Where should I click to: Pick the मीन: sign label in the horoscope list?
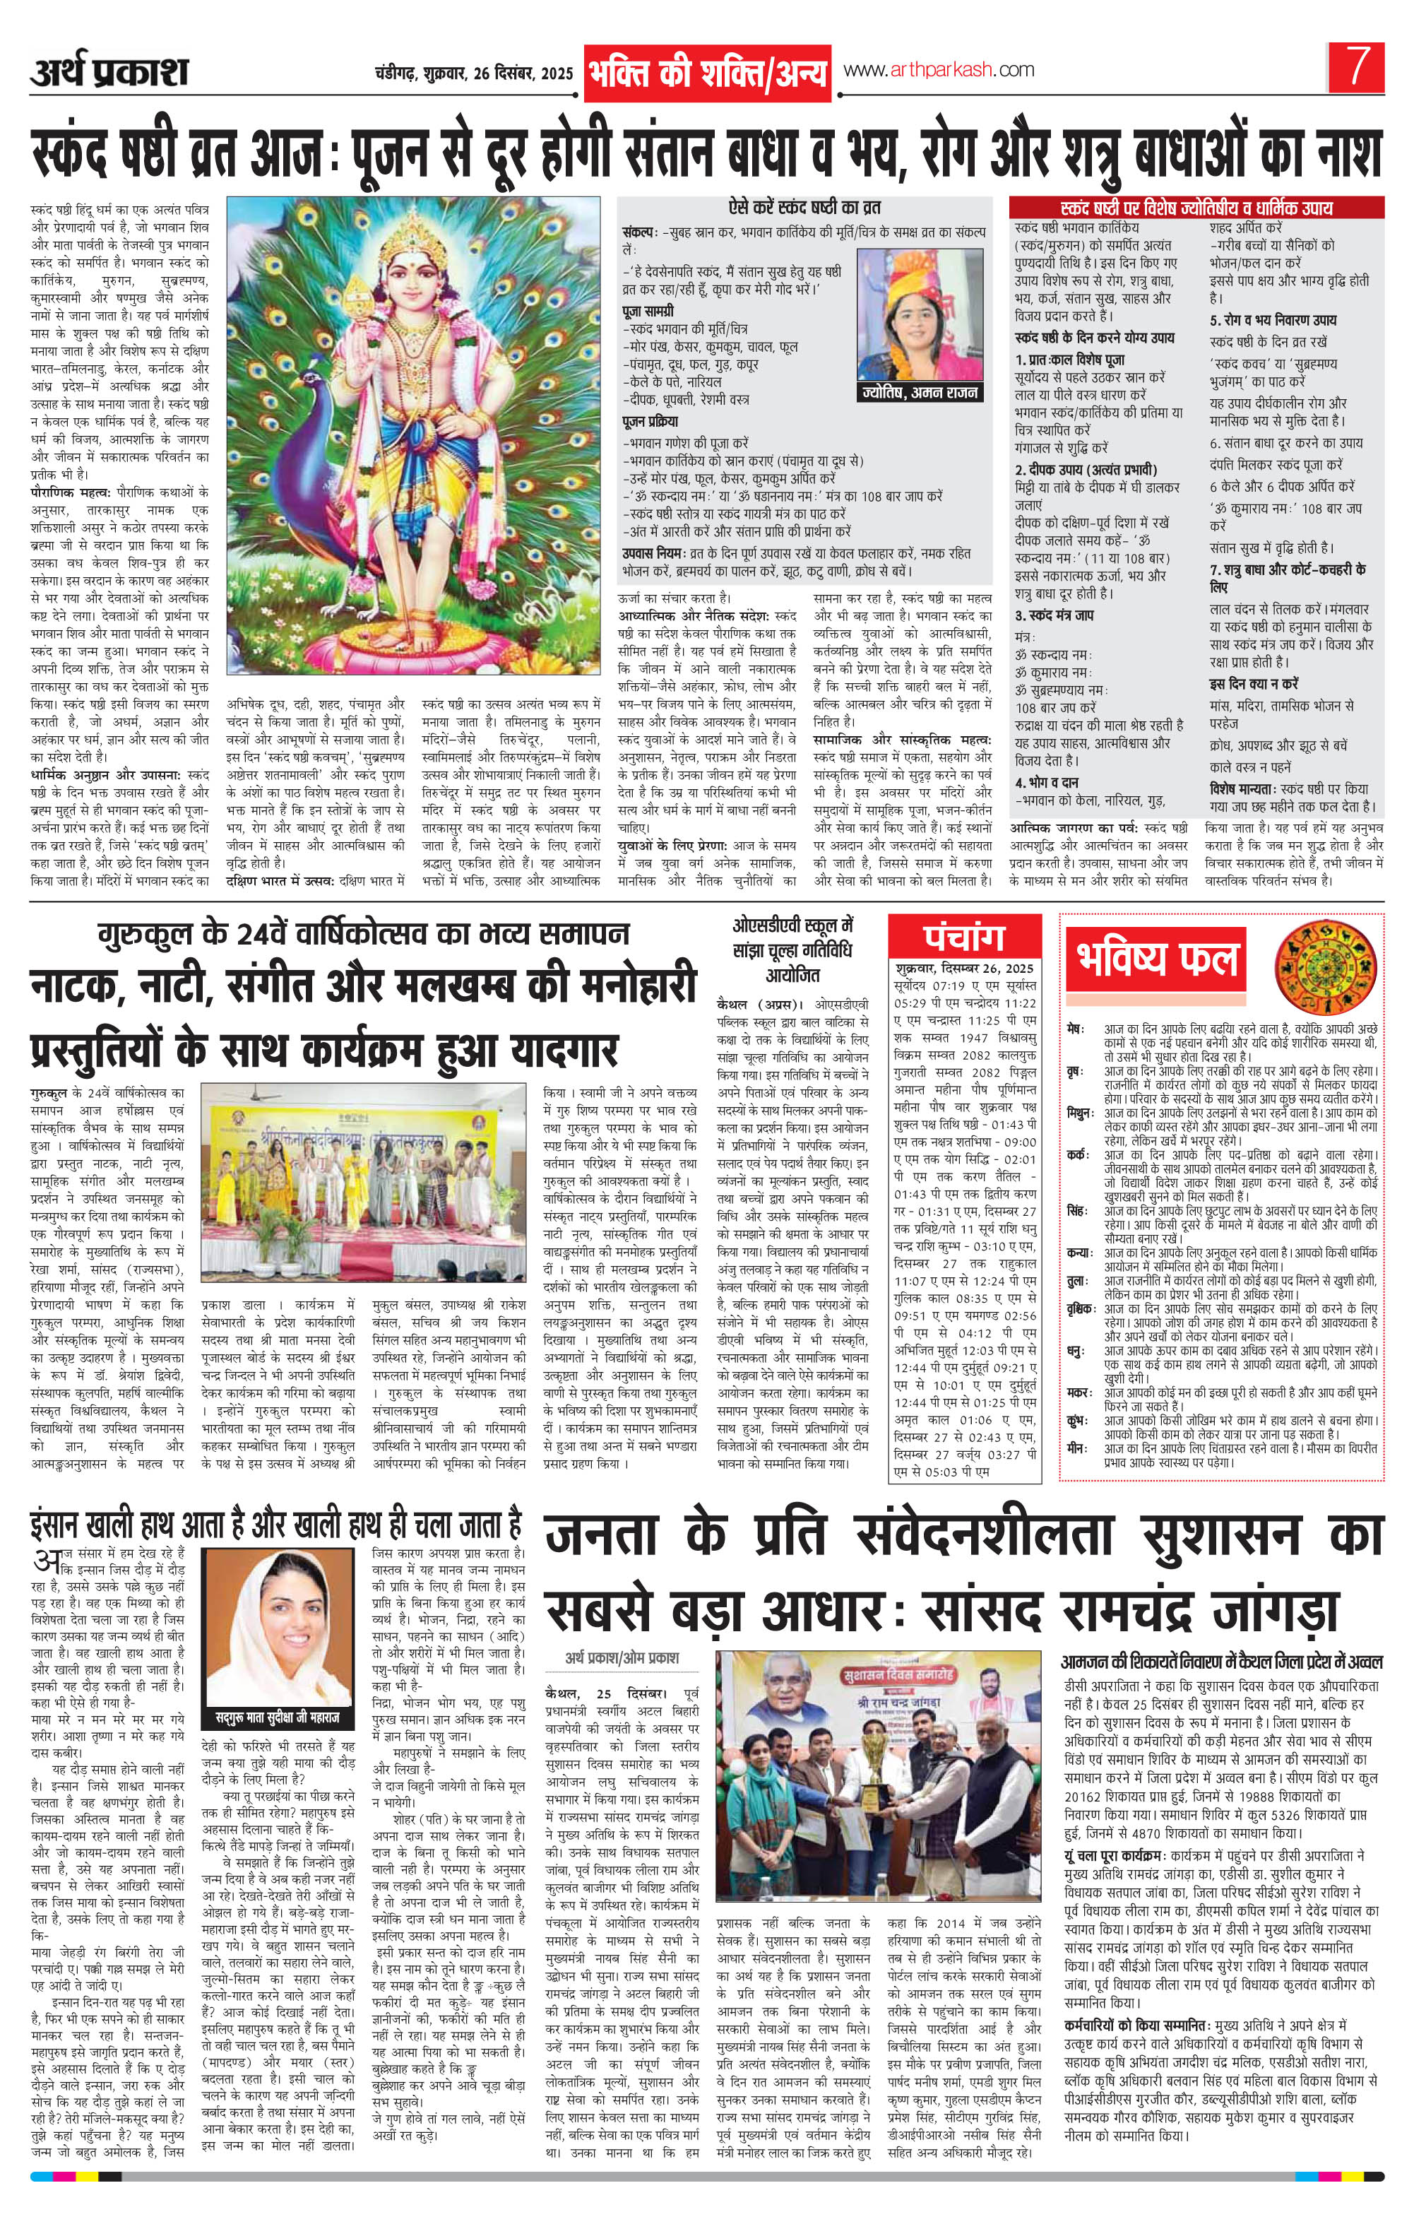coord(1075,1450)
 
